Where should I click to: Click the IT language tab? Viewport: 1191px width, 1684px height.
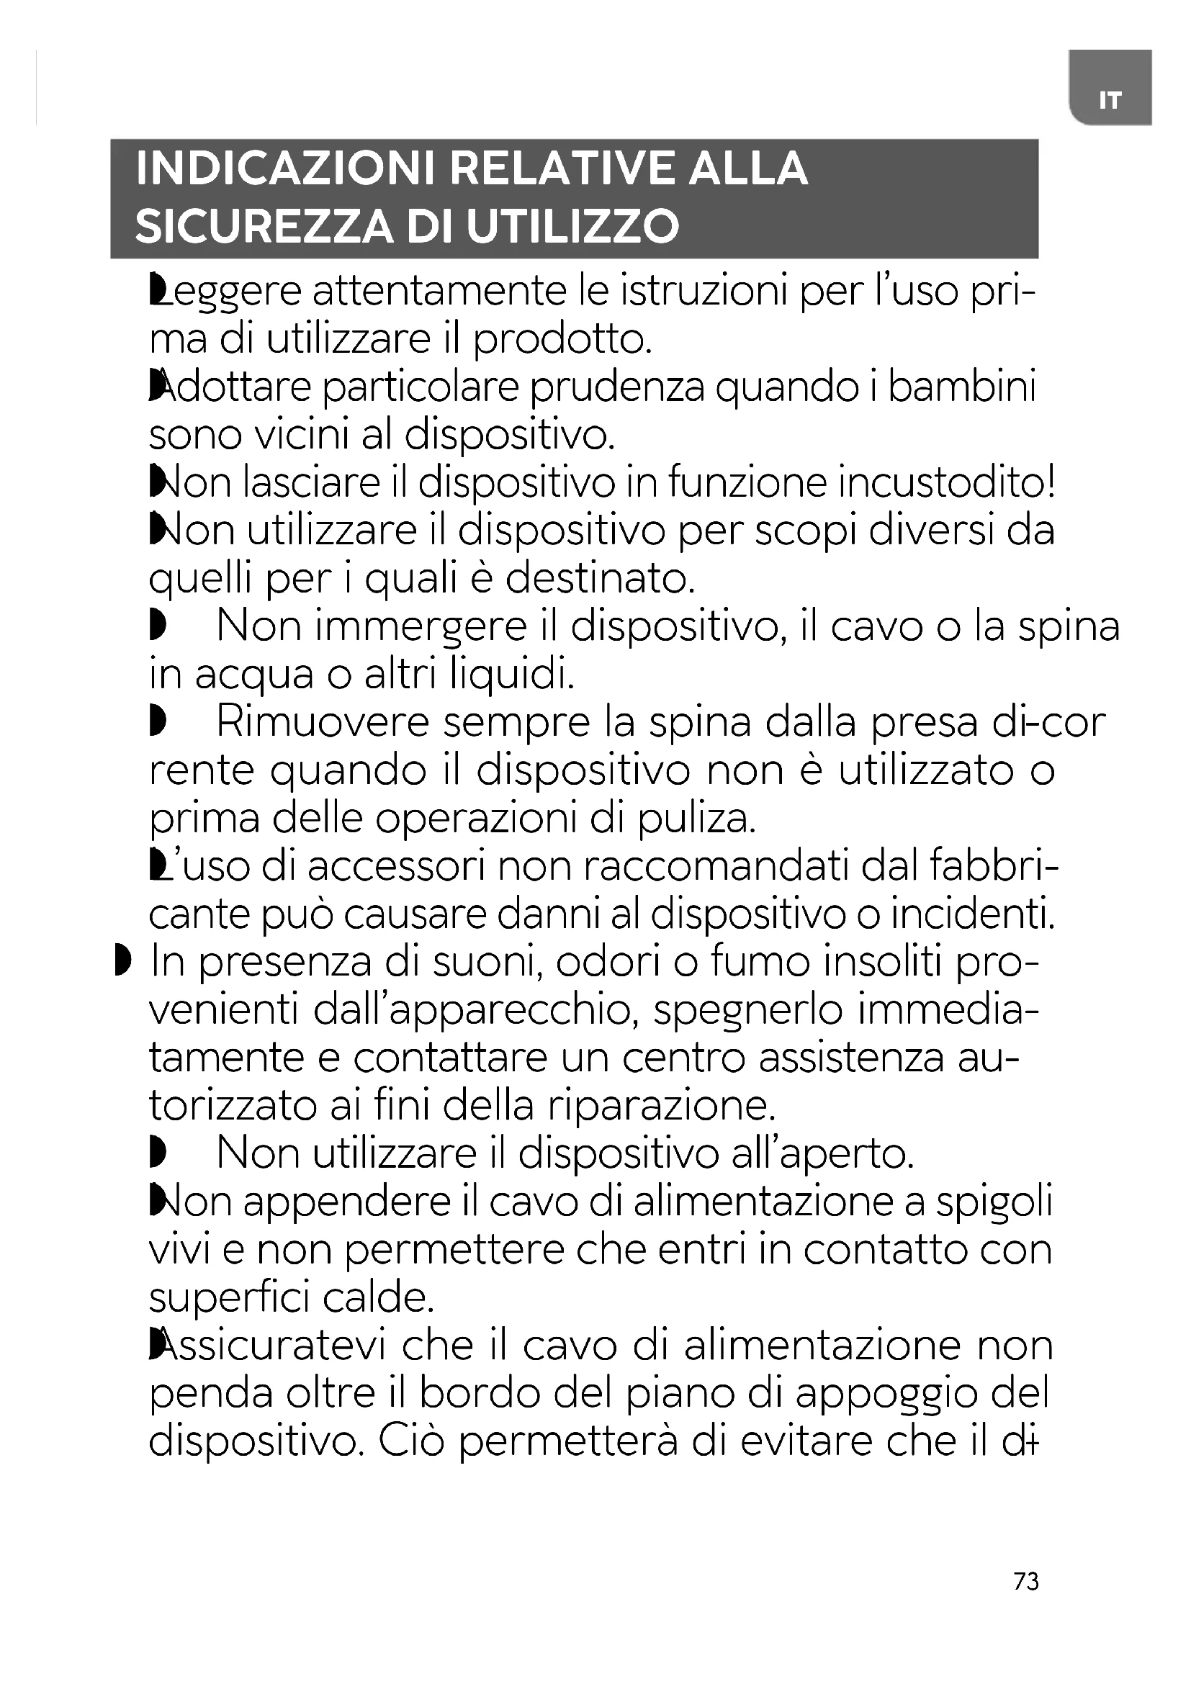(x=1110, y=99)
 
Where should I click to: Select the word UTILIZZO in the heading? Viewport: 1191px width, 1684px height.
(x=572, y=227)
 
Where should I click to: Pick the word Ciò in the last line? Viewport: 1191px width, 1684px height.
(x=412, y=1441)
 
